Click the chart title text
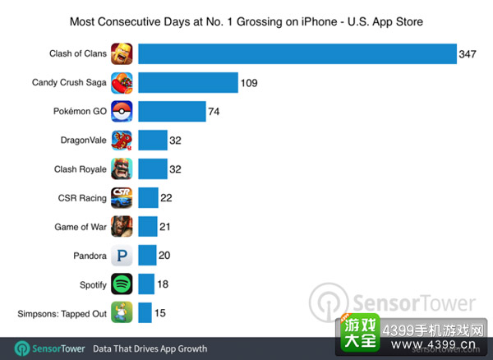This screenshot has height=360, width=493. tap(246, 21)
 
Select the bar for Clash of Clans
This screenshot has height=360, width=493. tap(297, 53)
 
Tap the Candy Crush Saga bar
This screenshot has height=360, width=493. tap(188, 83)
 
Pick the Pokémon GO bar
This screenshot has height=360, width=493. tap(172, 111)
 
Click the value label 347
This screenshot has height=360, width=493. tap(468, 54)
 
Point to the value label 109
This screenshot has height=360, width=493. tap(249, 83)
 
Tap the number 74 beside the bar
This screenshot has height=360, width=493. tap(214, 112)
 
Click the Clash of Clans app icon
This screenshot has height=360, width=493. tap(122, 53)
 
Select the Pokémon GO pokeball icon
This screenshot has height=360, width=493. tap(122, 111)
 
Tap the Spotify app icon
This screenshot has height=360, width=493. tap(122, 284)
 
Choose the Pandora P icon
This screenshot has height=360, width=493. tap(122, 256)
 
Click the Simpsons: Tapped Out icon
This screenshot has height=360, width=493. tap(122, 312)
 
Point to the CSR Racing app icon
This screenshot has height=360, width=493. tap(122, 198)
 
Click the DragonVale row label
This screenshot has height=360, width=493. tap(83, 141)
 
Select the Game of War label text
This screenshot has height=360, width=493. tap(81, 227)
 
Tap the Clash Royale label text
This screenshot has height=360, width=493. tap(81, 169)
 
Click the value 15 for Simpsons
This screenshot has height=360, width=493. tap(160, 313)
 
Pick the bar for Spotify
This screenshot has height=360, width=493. tap(146, 284)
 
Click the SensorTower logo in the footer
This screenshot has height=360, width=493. tap(49, 348)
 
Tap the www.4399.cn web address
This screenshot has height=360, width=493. tap(433, 344)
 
